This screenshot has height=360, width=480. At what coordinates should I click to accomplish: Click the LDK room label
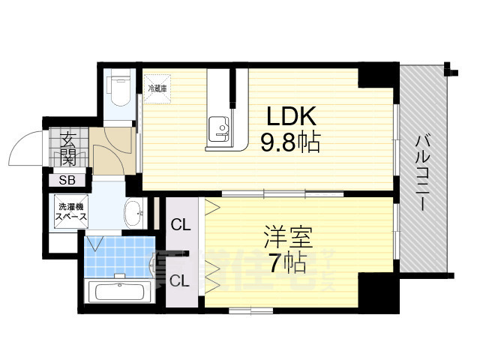point(290,117)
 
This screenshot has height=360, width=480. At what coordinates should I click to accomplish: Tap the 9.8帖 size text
point(290,142)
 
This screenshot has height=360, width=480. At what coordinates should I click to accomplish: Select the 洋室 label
point(284,235)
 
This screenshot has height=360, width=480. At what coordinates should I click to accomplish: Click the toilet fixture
point(118,92)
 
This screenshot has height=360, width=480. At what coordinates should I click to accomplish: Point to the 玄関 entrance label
point(68,148)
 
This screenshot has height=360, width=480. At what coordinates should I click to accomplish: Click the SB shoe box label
point(68,180)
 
